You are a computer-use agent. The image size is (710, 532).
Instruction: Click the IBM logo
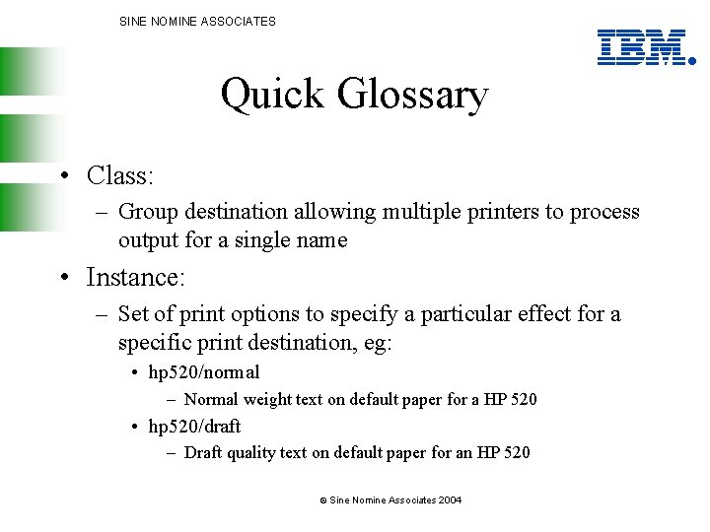(x=642, y=46)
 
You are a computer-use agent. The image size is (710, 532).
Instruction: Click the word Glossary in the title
(x=412, y=95)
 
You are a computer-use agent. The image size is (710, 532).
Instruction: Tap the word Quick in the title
(x=273, y=95)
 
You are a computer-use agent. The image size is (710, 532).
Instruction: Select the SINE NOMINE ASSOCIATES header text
(x=197, y=21)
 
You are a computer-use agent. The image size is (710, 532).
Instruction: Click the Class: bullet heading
(x=119, y=175)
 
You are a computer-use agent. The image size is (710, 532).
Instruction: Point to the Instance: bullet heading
(x=135, y=278)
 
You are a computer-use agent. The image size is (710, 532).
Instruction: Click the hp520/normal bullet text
(x=204, y=372)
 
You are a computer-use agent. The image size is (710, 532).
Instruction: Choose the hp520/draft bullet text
(x=194, y=427)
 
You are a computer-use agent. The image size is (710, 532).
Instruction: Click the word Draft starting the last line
(x=203, y=453)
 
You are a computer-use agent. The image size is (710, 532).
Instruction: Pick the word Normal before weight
(x=210, y=400)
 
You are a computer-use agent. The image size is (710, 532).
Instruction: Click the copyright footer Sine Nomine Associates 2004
(x=390, y=500)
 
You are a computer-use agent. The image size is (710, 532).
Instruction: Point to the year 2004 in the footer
(x=450, y=500)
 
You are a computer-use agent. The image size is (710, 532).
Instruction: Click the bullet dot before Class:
(x=62, y=176)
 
